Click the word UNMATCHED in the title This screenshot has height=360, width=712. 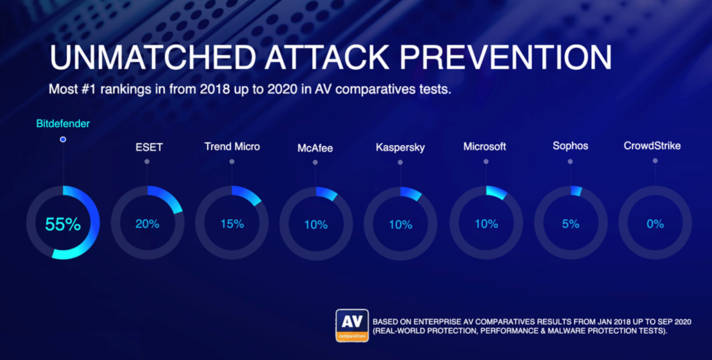point(153,57)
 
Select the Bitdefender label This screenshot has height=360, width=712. point(63,124)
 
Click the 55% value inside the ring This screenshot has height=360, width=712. point(63,224)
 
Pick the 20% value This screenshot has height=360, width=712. point(147,224)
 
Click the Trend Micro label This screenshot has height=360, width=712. point(232,146)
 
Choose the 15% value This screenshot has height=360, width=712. point(232,224)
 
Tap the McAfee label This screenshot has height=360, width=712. point(315,148)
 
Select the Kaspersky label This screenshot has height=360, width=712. point(400,148)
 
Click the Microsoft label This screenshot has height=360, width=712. point(485,146)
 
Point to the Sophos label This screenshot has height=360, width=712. point(570,146)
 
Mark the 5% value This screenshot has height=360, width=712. point(571,224)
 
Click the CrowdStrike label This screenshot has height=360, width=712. point(652,146)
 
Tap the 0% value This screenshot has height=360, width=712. point(655,224)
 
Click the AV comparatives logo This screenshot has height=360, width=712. point(352,325)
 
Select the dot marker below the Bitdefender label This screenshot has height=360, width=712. point(63,140)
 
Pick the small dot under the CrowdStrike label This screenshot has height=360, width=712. point(655,160)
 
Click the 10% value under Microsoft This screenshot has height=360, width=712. point(486,224)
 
